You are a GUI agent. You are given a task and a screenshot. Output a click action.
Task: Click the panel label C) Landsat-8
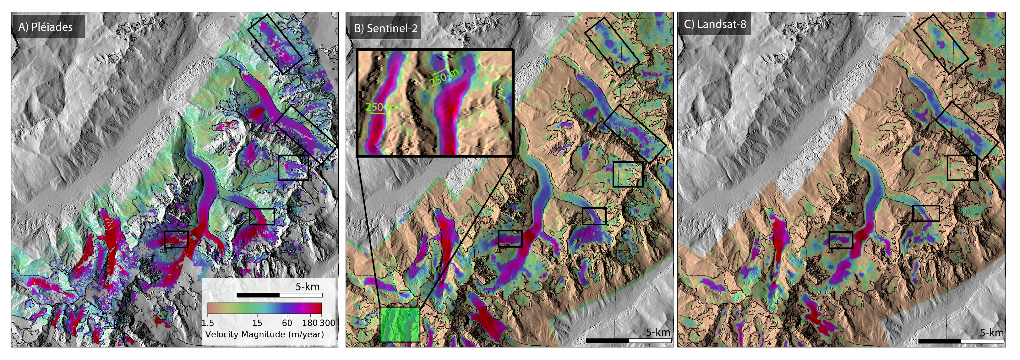[715, 24]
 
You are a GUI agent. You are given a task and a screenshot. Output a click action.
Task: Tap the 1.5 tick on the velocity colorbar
[208, 323]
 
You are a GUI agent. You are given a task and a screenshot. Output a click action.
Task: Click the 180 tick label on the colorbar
[310, 323]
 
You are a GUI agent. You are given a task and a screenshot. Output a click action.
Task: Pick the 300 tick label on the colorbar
[328, 323]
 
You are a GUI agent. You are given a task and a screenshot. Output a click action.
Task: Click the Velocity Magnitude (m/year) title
[264, 334]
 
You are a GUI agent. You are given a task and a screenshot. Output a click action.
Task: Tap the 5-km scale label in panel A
[307, 287]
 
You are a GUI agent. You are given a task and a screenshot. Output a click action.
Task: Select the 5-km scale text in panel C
[991, 332]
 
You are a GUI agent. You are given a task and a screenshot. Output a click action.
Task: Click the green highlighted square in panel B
[399, 324]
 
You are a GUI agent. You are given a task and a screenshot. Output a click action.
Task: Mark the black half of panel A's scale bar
[258, 295]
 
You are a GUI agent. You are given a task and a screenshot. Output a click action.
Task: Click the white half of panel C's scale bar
[982, 341]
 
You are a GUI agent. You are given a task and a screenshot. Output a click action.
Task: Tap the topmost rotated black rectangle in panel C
[941, 44]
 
